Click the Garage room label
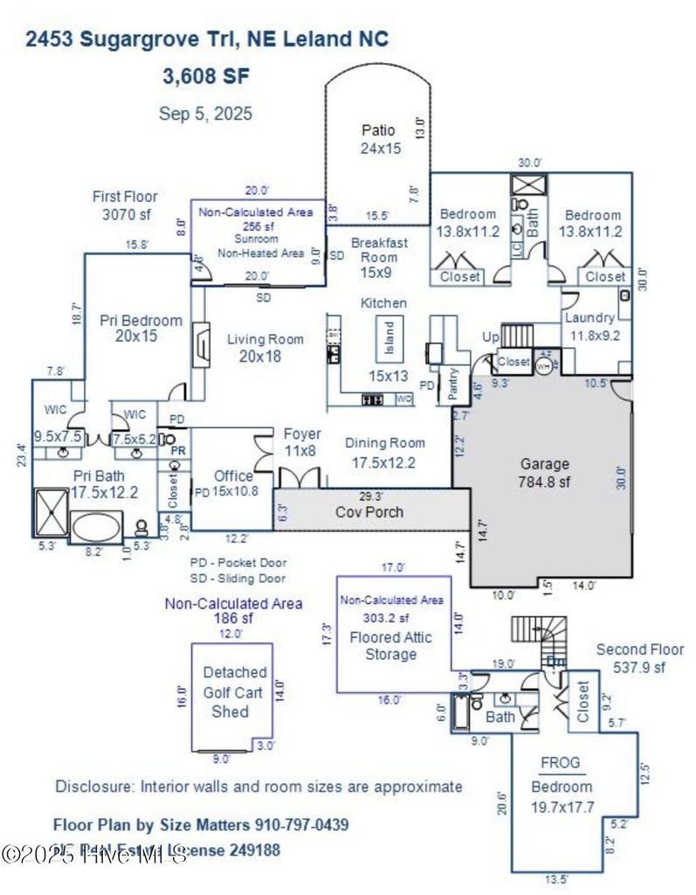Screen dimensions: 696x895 pyautogui.click(x=544, y=464)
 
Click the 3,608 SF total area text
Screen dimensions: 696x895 pyautogui.click(x=206, y=76)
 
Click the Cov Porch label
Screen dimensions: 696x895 pyautogui.click(x=369, y=511)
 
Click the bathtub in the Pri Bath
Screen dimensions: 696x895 pyautogui.click(x=99, y=529)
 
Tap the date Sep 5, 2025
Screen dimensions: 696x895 pyautogui.click(x=206, y=113)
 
